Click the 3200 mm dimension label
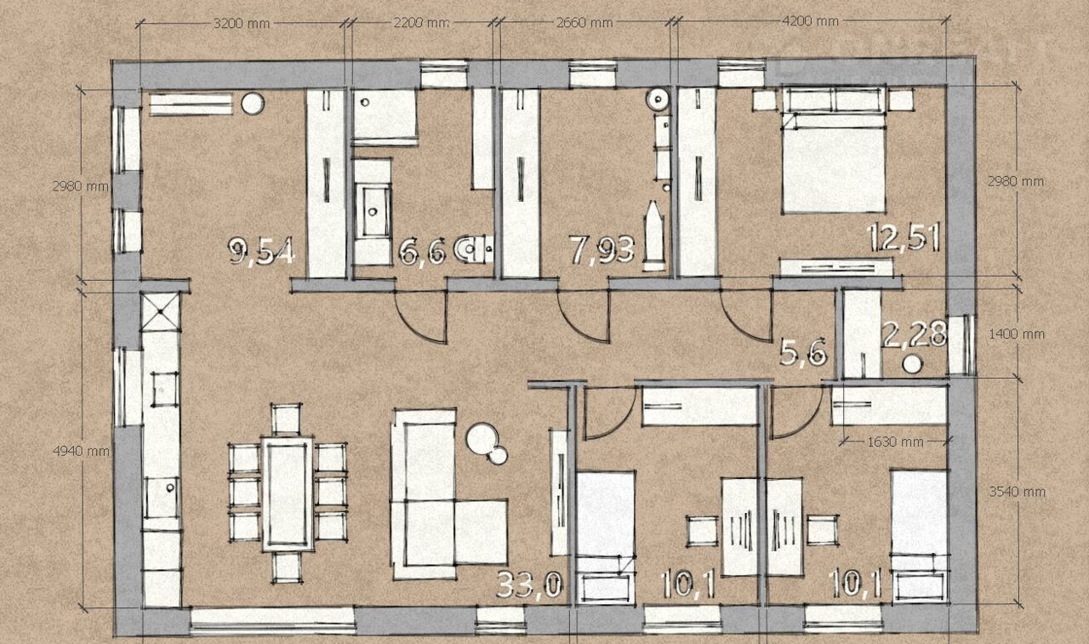click(242, 23)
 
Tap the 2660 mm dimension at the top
click(584, 23)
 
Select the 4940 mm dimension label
click(81, 452)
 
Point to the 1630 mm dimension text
click(895, 442)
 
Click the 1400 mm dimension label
click(1017, 334)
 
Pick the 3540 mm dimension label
click(1017, 492)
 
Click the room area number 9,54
click(261, 252)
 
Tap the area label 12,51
click(904, 237)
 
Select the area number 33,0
click(529, 584)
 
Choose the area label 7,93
click(602, 250)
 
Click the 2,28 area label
click(915, 334)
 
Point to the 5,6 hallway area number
click(802, 352)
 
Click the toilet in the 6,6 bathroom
click(474, 249)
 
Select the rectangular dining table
click(287, 493)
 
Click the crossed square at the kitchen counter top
click(160, 311)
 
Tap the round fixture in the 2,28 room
click(912, 364)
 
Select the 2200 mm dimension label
click(421, 23)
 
